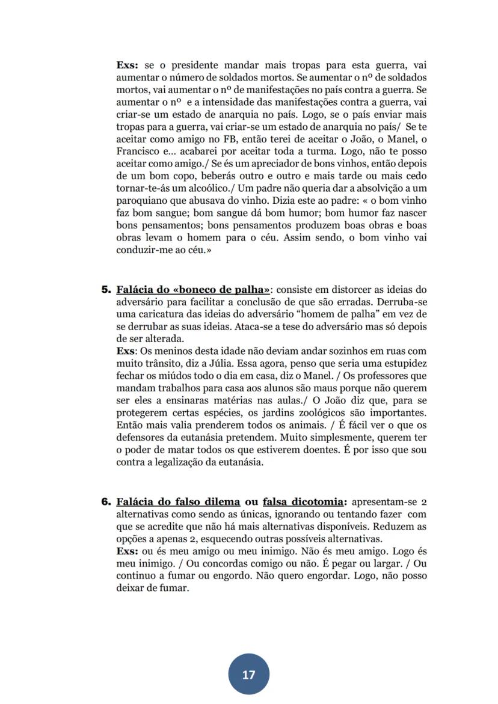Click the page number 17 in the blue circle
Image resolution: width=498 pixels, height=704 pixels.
[248, 675]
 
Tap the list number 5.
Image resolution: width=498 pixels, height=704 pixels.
[106, 290]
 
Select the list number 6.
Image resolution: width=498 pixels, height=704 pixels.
[106, 502]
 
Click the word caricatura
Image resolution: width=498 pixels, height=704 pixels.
[165, 314]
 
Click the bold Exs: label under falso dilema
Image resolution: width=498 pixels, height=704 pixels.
[128, 551]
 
